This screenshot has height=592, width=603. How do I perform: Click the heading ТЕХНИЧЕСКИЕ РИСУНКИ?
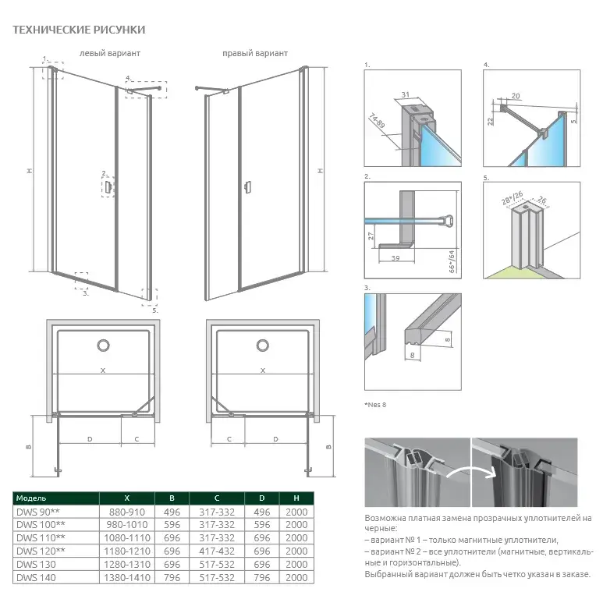(x=79, y=30)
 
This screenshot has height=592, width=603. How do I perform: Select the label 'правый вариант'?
(x=254, y=54)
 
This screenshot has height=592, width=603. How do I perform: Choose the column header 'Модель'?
(x=32, y=498)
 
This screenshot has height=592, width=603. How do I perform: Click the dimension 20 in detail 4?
(x=515, y=96)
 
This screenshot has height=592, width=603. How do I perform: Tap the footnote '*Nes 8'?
(x=376, y=405)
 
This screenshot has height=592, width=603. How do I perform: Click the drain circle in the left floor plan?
(x=103, y=346)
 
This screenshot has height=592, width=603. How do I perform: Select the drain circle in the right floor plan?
(x=263, y=346)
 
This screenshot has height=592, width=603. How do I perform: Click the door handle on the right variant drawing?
(x=247, y=186)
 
